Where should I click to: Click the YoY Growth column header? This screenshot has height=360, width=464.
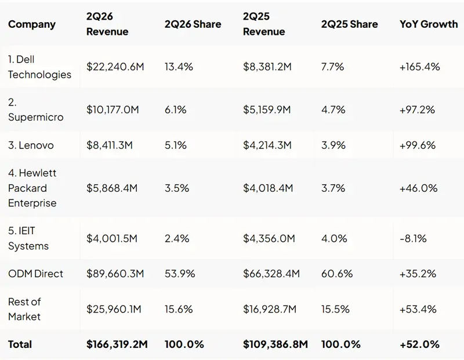429,24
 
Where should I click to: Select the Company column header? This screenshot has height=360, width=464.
32,24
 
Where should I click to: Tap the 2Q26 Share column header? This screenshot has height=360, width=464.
193,24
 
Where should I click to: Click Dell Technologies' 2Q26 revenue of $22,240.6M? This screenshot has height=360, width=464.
115,67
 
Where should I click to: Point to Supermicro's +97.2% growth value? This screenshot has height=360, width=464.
417,110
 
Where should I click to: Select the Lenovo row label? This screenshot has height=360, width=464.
31,146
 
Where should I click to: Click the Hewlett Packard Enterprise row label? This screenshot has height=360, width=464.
32,188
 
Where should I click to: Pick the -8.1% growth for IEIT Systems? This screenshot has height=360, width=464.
413,238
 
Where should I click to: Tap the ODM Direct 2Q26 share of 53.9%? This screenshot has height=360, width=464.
180,274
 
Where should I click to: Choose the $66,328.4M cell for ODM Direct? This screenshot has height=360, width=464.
271,274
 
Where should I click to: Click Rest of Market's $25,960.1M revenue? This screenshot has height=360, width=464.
114,309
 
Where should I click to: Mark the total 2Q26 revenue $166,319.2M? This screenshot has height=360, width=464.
117,344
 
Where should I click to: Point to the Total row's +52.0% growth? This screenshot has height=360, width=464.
419,344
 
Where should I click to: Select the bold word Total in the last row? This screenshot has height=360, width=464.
20,344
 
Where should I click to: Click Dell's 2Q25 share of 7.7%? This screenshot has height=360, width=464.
332,67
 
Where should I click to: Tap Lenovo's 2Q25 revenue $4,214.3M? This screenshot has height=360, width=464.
267,146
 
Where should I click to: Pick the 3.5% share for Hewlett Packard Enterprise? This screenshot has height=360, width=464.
177,188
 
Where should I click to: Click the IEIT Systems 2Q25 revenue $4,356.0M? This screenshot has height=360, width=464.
269,238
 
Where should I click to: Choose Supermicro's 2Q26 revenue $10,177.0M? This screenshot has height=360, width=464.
113,110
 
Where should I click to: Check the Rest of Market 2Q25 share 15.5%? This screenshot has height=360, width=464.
335,309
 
